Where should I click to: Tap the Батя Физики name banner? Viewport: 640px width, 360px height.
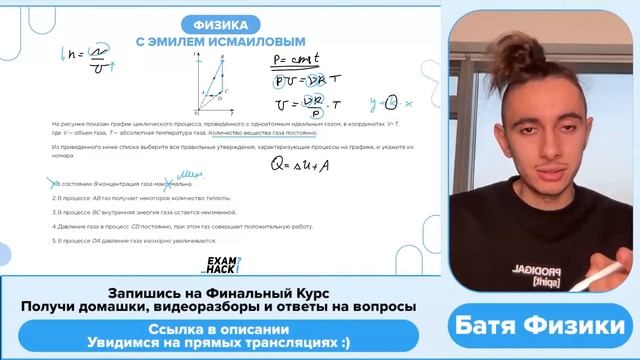click(541, 325)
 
